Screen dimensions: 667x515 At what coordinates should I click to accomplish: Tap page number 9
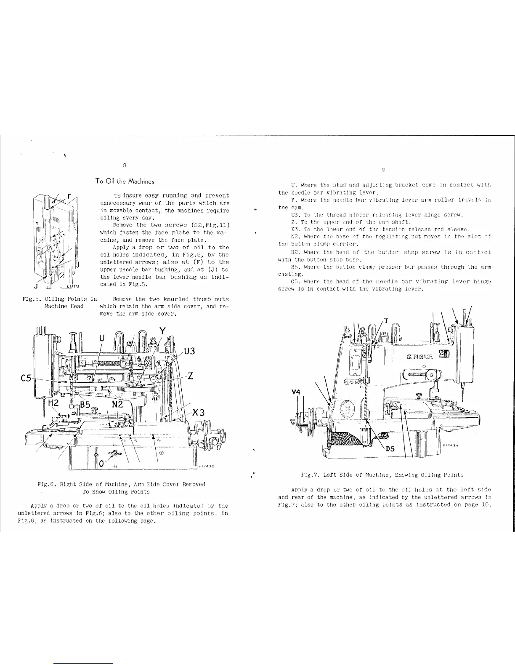point(384,170)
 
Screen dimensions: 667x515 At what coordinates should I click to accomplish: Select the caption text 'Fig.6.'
point(47,484)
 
